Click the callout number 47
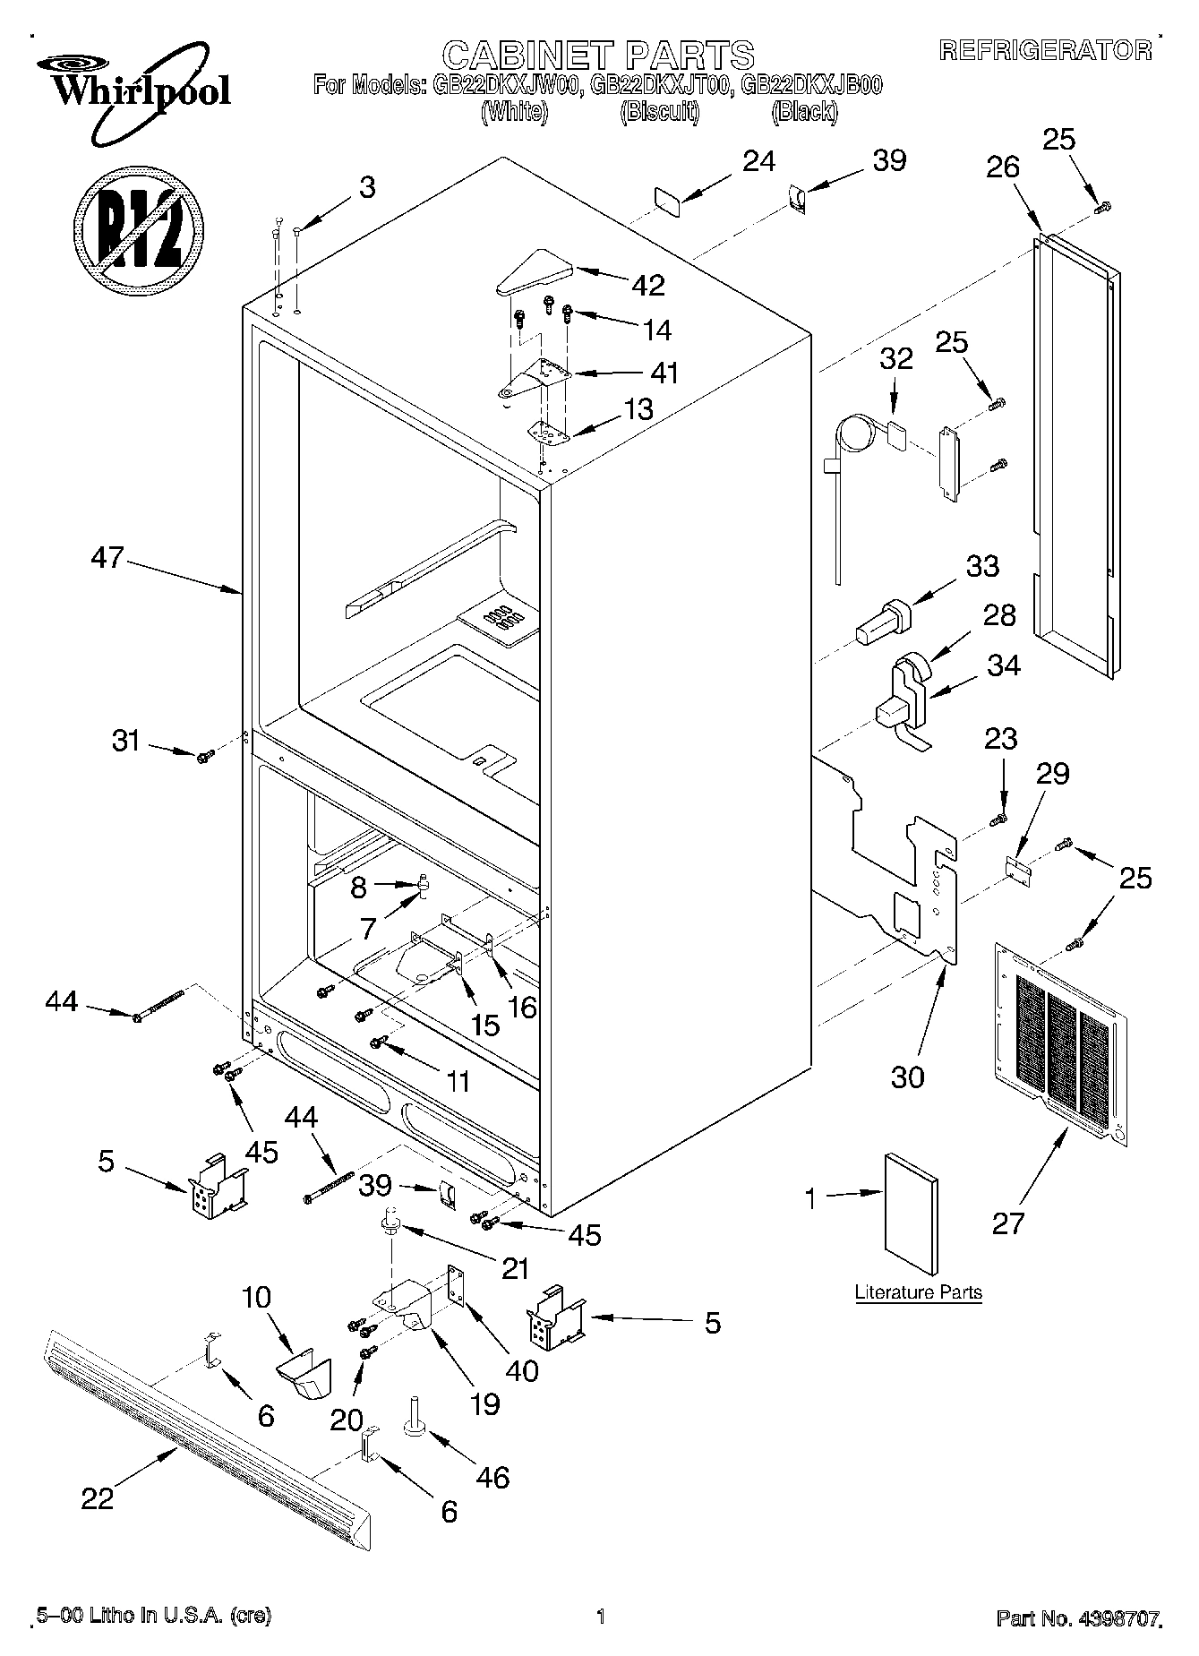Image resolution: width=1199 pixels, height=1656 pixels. click(x=107, y=557)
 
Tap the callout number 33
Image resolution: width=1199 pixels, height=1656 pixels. click(x=982, y=566)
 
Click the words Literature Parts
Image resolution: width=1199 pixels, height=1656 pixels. click(x=918, y=1292)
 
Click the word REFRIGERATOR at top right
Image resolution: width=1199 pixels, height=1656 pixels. click(x=1045, y=51)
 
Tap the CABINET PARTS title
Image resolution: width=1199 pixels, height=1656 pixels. click(x=598, y=56)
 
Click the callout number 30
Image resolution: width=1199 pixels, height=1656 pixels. click(x=908, y=1077)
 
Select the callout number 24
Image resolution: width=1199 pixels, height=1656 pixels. click(x=759, y=160)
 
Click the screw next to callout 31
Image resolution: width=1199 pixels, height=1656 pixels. click(x=203, y=757)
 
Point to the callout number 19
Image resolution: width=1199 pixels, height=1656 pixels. click(x=484, y=1403)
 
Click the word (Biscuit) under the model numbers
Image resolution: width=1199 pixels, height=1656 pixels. click(x=660, y=113)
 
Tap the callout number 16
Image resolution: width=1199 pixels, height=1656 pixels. click(x=521, y=1008)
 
